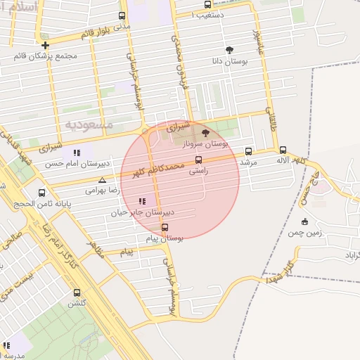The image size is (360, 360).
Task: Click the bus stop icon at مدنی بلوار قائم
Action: point(122,15)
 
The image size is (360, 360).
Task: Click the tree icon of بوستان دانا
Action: point(229,50)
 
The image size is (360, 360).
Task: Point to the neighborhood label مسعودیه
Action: point(89,124)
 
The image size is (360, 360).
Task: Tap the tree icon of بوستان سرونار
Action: point(205,132)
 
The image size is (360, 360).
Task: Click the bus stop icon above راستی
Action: point(198,160)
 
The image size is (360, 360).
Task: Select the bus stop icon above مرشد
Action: point(249,151)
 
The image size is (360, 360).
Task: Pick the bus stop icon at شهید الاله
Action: point(283,150)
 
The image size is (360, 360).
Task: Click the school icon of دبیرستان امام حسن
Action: point(77,152)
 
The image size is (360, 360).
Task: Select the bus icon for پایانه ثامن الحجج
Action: point(42,192)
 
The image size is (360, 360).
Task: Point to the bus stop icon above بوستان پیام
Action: point(165,227)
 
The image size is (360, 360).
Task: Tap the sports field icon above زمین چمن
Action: point(304,222)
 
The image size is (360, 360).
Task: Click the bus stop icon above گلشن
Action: point(77,292)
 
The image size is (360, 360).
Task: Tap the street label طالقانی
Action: point(272,120)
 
